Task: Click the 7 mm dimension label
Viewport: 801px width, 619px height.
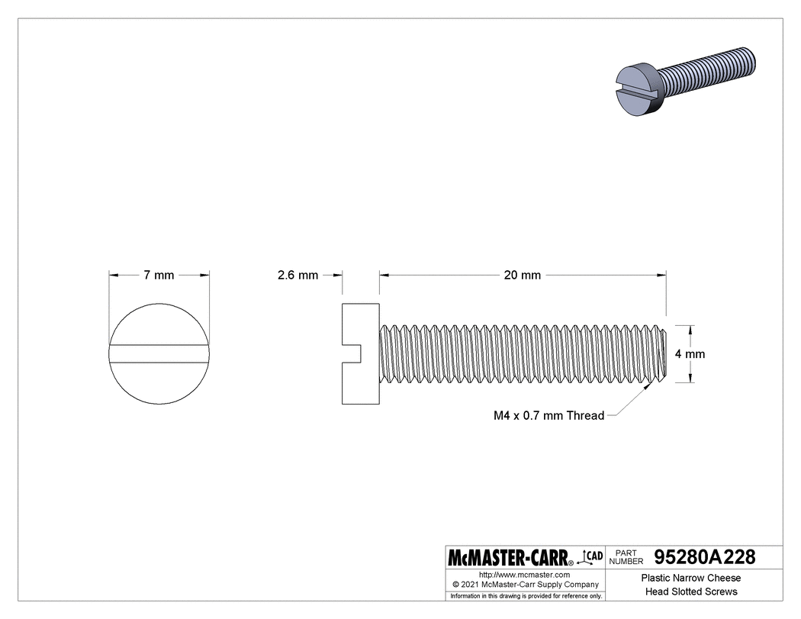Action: (159, 275)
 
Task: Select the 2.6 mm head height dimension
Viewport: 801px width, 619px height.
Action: (298, 275)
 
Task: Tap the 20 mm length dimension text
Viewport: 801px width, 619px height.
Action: (522, 275)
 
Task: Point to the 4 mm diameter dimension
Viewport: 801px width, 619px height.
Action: (690, 354)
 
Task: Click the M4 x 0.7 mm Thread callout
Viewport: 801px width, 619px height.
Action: (548, 416)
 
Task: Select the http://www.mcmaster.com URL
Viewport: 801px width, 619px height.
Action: (524, 574)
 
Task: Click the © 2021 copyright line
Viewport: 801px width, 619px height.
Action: (524, 584)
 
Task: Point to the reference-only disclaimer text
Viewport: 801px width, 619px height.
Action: (526, 595)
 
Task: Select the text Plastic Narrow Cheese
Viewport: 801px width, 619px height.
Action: (690, 578)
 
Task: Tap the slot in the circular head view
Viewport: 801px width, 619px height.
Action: (159, 354)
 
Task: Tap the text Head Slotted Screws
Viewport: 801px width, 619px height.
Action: (690, 592)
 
